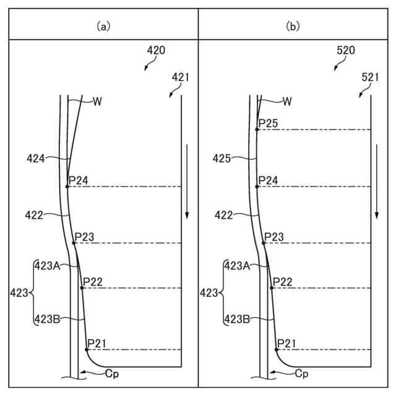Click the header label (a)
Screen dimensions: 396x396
102,26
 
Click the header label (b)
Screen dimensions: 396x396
292,26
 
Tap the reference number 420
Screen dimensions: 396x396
156,51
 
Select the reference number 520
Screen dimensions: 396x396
345,51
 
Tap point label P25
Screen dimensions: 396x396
269,124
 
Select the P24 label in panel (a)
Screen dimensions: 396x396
79,180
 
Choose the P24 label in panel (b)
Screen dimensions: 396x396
269,180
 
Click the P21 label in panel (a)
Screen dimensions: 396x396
98,343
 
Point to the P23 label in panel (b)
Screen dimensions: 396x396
274,237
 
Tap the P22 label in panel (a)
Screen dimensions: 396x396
92,282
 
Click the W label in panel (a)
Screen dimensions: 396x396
97,101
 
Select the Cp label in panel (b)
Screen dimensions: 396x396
301,373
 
